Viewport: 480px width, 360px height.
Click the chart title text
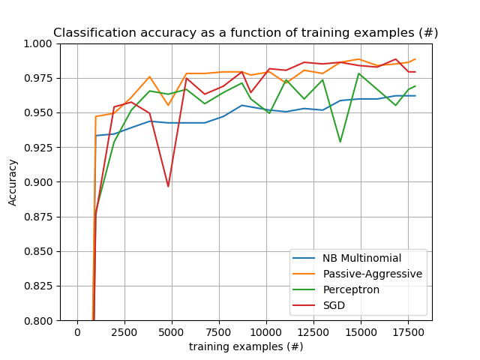click(x=246, y=33)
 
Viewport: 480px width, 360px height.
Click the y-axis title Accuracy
click(x=13, y=182)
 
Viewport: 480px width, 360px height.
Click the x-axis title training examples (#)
click(x=246, y=346)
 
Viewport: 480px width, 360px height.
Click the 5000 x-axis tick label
click(x=172, y=332)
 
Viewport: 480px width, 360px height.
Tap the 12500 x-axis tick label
click(x=313, y=332)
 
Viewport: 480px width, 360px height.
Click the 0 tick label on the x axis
click(x=77, y=332)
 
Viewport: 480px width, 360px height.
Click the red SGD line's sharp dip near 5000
click(x=168, y=186)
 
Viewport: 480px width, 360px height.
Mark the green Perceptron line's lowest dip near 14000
click(x=340, y=142)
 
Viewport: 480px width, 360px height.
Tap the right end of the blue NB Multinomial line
click(x=415, y=95)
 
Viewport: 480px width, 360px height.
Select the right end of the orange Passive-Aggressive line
click(x=415, y=59)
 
